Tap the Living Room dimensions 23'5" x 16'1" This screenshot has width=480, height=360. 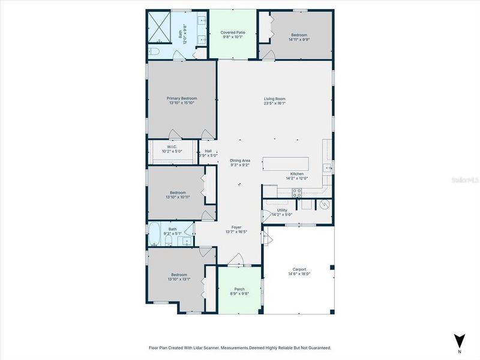(275, 103)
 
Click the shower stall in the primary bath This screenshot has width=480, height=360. (160, 26)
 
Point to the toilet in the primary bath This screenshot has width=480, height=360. (154, 52)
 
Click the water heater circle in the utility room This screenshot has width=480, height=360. (324, 204)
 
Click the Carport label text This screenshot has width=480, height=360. (299, 269)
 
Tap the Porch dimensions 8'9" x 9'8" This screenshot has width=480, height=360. (238, 293)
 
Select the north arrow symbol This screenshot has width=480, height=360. (459, 340)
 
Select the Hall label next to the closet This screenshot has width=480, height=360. (208, 151)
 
